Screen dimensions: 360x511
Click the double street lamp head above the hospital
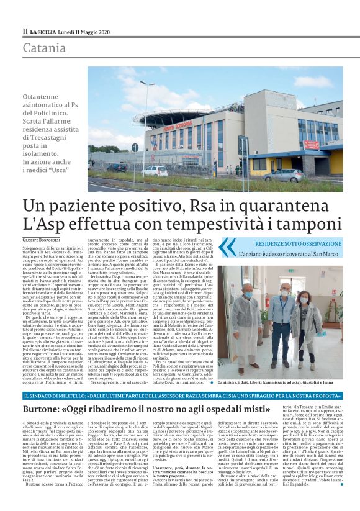coord(147,83)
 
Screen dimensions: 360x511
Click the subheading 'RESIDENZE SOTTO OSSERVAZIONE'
coord(295,244)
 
